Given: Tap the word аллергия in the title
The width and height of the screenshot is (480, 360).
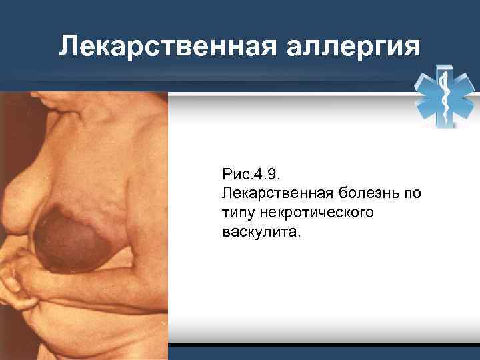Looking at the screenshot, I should pyautogui.click(x=356, y=46).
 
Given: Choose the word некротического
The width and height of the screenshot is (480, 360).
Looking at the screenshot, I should pyautogui.click(x=317, y=213).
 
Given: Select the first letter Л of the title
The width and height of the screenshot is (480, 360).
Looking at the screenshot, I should pyautogui.click(x=66, y=46).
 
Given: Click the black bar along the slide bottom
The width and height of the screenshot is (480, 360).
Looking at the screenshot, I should pyautogui.click(x=323, y=347).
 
